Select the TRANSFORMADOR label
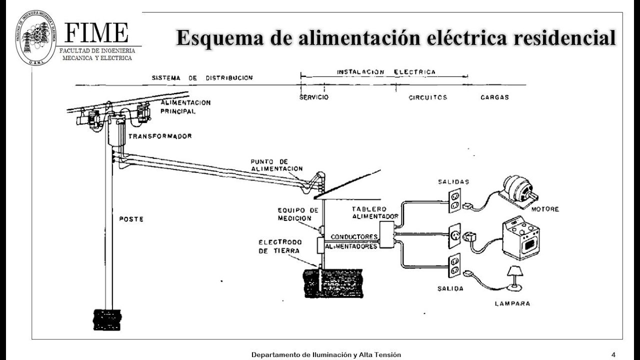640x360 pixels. click(x=160, y=136)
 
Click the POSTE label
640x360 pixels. click(x=131, y=219)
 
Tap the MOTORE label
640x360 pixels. click(x=544, y=209)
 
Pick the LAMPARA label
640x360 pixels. click(x=512, y=303)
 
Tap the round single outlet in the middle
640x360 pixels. click(x=454, y=234)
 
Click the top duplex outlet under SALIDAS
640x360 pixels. click(x=454, y=200)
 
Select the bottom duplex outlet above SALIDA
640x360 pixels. click(x=454, y=265)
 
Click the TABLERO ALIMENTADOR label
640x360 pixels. click(x=374, y=212)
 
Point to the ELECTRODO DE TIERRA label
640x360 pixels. click(x=280, y=246)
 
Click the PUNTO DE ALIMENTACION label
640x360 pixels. click(x=276, y=165)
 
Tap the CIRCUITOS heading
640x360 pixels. click(x=427, y=97)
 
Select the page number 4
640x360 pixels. click(x=613, y=354)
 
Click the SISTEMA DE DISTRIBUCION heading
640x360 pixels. click(x=202, y=78)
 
